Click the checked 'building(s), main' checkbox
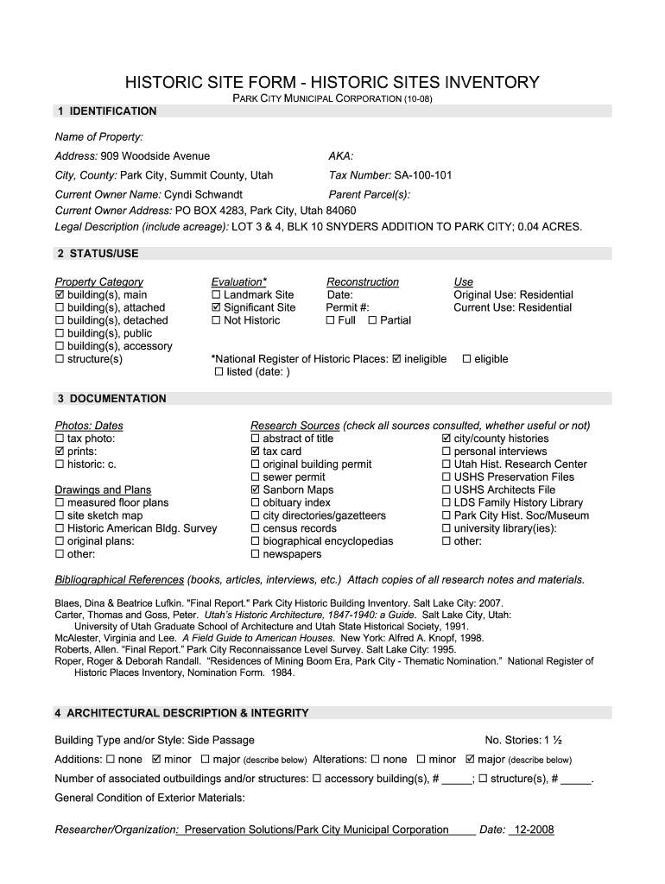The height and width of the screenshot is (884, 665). coord(60,295)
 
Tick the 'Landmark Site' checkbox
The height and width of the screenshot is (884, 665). coord(216,295)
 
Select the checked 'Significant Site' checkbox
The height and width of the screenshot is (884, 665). coord(216,308)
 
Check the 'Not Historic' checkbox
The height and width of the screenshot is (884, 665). coord(216,321)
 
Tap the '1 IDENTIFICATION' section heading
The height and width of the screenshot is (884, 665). coord(106,111)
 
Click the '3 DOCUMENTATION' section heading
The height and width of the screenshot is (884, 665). coord(111,399)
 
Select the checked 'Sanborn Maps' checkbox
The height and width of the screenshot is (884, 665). coord(255,490)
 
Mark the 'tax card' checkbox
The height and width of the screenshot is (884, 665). coord(255,451)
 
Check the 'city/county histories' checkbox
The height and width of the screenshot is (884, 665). coord(446,439)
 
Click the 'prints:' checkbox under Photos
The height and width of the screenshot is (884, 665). coord(60,451)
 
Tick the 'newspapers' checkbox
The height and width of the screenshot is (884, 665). coord(255,555)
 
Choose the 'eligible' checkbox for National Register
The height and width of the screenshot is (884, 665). coord(467,359)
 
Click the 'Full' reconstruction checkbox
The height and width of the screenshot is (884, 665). coord(331,321)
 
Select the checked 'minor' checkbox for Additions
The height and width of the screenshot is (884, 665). coord(156,760)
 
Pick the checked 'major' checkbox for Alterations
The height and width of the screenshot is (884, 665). coord(470,760)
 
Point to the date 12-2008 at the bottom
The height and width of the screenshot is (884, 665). coord(533,830)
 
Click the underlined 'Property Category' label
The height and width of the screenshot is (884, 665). coord(99,282)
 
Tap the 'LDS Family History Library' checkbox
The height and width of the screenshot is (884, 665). coord(446,503)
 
